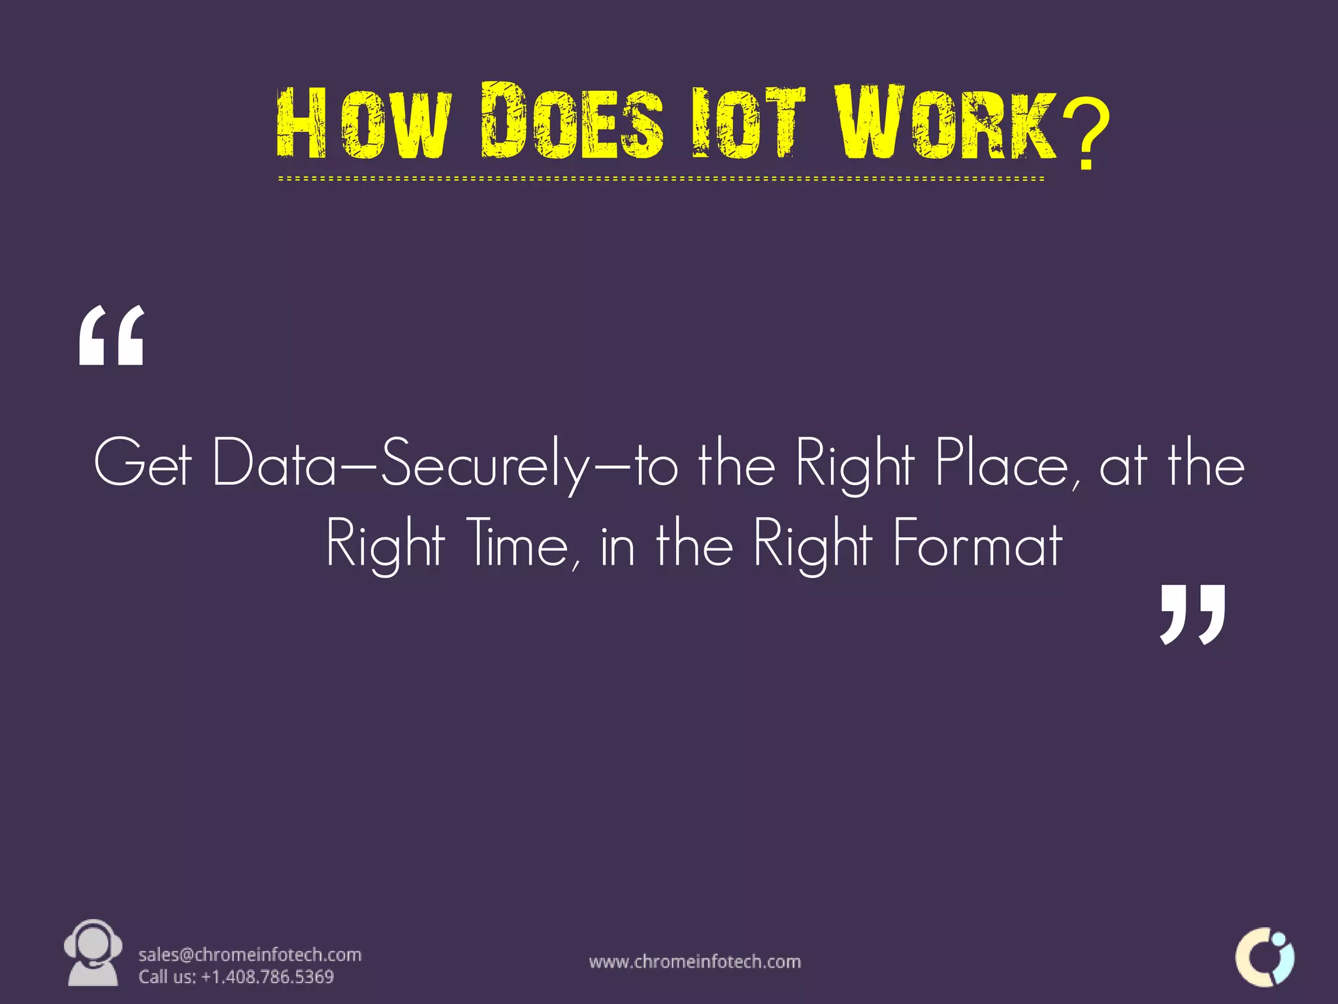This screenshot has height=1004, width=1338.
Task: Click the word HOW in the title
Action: point(363,123)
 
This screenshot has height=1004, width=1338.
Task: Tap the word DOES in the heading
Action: point(572,122)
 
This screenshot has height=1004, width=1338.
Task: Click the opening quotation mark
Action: point(111,336)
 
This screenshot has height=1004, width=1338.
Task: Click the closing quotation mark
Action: point(1192,614)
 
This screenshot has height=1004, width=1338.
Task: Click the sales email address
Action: point(250,955)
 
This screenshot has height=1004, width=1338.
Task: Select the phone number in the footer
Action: point(268,977)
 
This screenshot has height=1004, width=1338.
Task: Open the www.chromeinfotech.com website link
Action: point(694,962)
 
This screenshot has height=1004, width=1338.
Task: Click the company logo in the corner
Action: point(1265,957)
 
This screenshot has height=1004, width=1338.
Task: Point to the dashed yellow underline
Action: point(660,178)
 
